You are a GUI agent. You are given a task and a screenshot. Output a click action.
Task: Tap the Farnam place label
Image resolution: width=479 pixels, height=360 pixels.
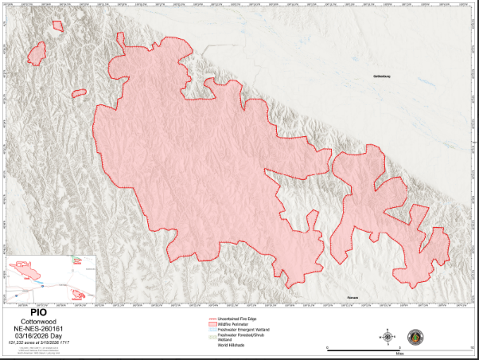pyautogui.click(x=352, y=297)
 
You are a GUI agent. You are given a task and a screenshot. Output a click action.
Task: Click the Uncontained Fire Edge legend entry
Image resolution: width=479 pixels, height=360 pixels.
pyautogui.click(x=239, y=319)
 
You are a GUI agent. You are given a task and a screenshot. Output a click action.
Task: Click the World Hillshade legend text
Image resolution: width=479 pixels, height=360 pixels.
pyautogui.click(x=231, y=345)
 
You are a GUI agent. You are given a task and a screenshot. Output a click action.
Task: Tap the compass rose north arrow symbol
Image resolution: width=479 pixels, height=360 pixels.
pyautogui.click(x=387, y=336)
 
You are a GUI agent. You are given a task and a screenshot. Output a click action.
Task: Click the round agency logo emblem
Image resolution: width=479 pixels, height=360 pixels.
pyautogui.click(x=415, y=336)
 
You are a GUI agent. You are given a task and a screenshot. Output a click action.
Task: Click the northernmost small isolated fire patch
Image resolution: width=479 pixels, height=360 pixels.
pyautogui.click(x=57, y=25)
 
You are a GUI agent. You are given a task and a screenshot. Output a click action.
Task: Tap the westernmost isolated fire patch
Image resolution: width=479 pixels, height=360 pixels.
pyautogui.click(x=36, y=54)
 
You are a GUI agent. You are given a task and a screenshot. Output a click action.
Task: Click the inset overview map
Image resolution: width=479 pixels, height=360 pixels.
pyautogui.click(x=49, y=278)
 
